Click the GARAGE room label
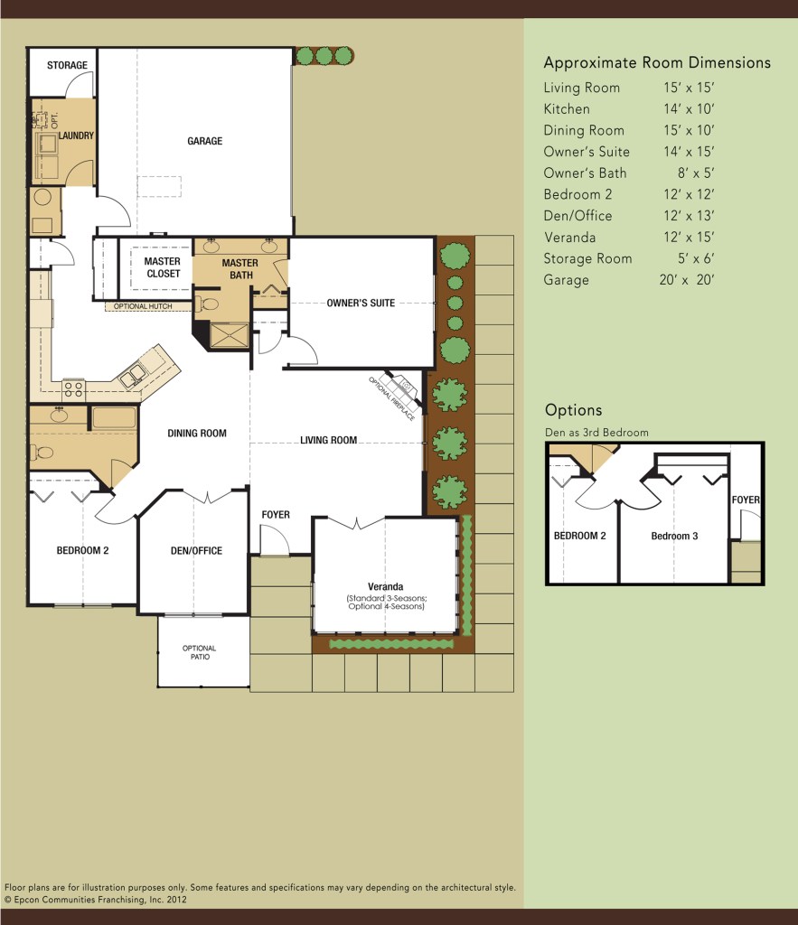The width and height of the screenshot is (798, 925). (x=204, y=141)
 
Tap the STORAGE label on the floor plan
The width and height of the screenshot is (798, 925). (x=67, y=65)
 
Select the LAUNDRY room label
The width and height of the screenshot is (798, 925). (x=76, y=136)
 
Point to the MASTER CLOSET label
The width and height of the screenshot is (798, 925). (x=163, y=267)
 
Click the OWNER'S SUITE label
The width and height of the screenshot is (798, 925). (x=361, y=303)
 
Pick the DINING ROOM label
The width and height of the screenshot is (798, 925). (x=196, y=434)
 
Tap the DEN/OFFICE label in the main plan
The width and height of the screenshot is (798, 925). (x=196, y=551)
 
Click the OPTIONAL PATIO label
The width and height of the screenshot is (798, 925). (x=199, y=653)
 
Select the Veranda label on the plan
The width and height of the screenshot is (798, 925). (x=385, y=586)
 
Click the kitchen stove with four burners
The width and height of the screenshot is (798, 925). (x=74, y=389)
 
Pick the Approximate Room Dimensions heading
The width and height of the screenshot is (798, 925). (x=656, y=63)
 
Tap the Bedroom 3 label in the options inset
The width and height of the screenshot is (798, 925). (x=674, y=536)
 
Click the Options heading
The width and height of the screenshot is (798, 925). (x=573, y=410)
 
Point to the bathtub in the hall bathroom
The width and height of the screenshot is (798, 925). (x=113, y=418)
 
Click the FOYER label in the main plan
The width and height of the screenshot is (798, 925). (x=276, y=515)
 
